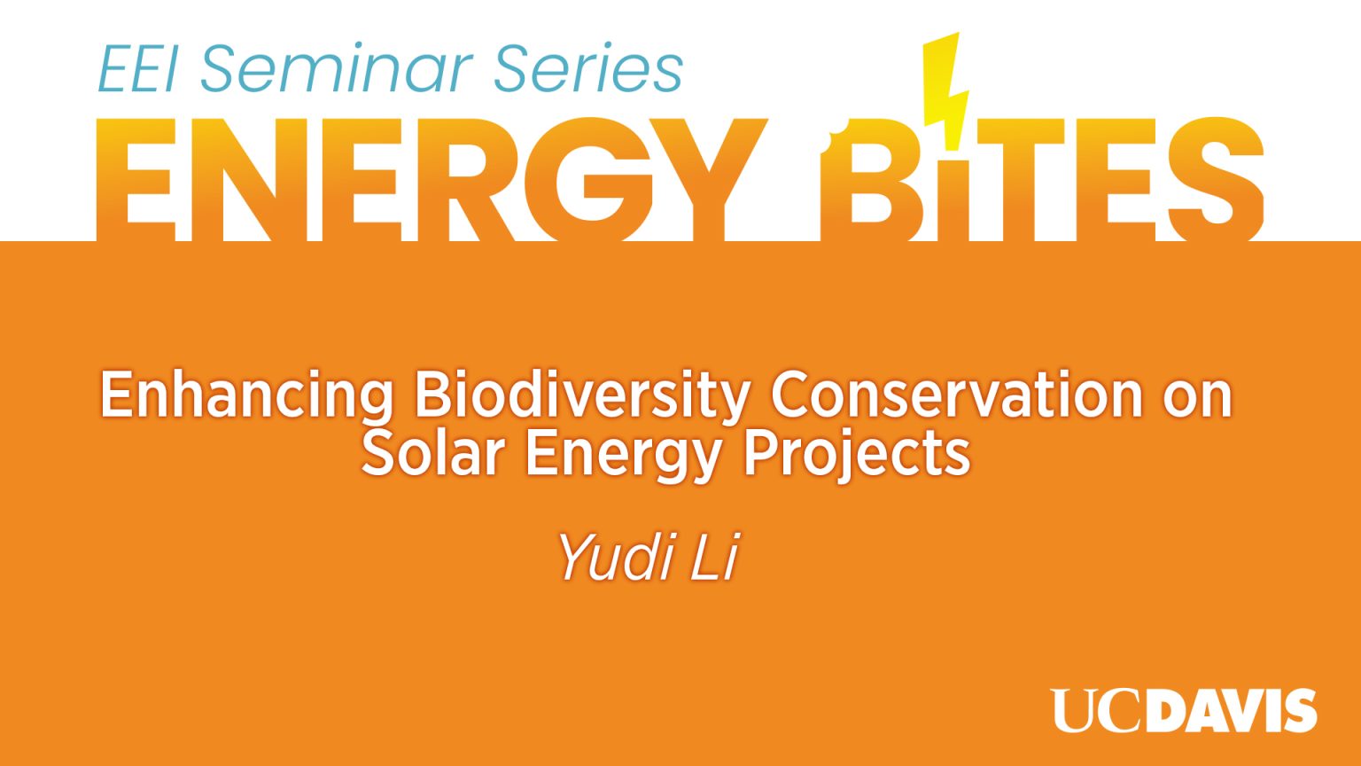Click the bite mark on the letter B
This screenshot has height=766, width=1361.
[x=828, y=144]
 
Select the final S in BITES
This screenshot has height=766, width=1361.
[x=1216, y=180]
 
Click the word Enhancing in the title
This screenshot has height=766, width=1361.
[x=246, y=395]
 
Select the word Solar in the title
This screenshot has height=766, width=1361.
[x=432, y=454]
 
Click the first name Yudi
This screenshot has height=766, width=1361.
[x=616, y=558]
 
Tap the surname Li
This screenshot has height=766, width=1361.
[x=713, y=558]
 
